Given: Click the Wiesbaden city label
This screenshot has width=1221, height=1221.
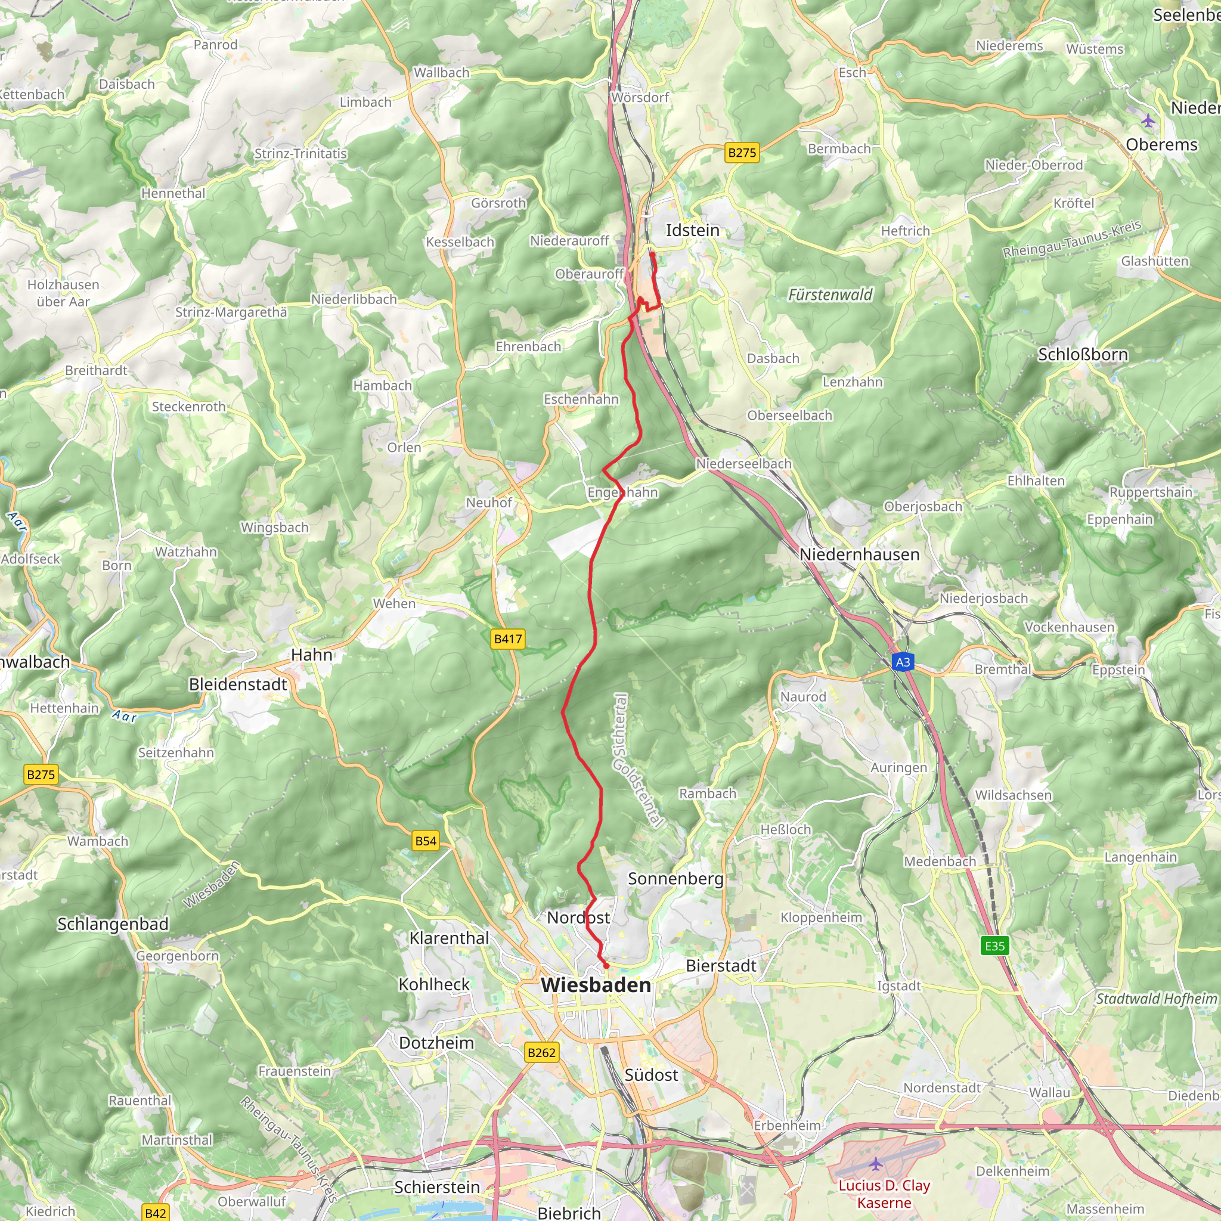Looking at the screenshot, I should (596, 985).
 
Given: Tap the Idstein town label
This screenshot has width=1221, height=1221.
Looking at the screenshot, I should (693, 230).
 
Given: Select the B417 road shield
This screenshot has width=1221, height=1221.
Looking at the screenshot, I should (507, 639).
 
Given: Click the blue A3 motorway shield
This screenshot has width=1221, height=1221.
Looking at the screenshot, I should (903, 662).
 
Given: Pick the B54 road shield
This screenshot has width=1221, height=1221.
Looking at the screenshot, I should (425, 841).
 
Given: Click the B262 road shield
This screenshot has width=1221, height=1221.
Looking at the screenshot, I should (541, 1052).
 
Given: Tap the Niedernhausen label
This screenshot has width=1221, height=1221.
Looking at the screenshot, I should (859, 554).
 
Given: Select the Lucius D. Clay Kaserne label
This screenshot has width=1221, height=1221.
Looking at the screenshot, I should (884, 1194).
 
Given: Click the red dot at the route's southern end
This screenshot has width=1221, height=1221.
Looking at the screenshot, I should (606, 966).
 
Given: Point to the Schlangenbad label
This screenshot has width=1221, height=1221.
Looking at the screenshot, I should (113, 924).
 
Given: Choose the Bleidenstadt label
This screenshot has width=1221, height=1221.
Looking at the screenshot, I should (238, 684).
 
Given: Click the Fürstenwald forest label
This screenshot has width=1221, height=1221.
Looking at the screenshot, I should (830, 295).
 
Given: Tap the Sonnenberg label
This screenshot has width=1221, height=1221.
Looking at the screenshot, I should (675, 878).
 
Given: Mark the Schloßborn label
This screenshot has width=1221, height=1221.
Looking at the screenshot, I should (1083, 355).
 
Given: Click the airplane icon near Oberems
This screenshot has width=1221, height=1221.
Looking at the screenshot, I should (1148, 120).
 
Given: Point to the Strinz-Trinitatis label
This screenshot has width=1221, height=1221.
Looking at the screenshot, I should (300, 154).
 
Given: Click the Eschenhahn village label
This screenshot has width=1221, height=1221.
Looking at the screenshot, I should (581, 399).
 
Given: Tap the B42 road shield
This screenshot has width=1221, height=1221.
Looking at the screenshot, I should (156, 1212).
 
